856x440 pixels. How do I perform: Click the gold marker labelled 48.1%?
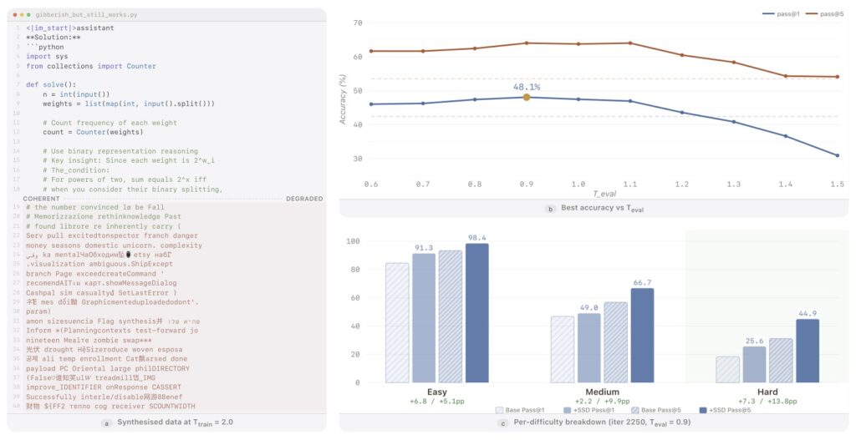[x=527, y=98]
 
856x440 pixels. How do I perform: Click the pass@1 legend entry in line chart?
[x=779, y=14]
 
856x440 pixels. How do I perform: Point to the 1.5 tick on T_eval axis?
[x=837, y=183]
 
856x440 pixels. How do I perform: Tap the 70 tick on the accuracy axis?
[x=357, y=23]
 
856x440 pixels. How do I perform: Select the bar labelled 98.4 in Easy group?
[x=477, y=313]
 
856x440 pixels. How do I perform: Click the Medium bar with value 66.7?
[x=643, y=335]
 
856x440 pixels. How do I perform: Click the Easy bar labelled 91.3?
[x=424, y=317]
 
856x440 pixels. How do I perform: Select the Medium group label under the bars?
[x=602, y=392]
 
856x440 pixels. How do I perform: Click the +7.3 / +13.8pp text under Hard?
[x=767, y=402]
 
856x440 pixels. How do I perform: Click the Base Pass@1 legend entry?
[x=522, y=410]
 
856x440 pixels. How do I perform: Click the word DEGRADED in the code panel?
[x=304, y=199]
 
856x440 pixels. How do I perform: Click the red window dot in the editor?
[x=15, y=15]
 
